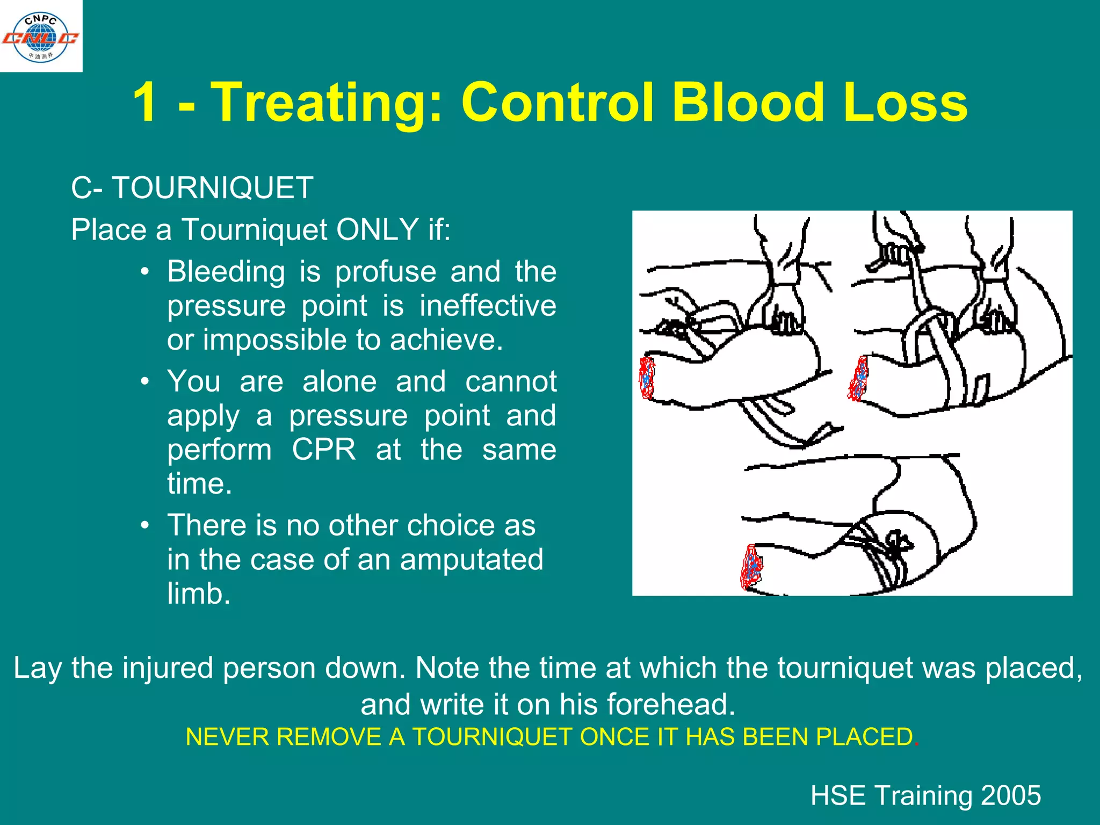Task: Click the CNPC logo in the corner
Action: pyautogui.click(x=41, y=37)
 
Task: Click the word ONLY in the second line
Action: pyautogui.click(x=377, y=230)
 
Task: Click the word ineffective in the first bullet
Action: pyautogui.click(x=487, y=306)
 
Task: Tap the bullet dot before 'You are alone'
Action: pyautogui.click(x=144, y=382)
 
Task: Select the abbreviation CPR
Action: pyautogui.click(x=323, y=450)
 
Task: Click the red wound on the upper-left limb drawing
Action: pyautogui.click(x=647, y=378)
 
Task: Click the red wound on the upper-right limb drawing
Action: pyautogui.click(x=858, y=379)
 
